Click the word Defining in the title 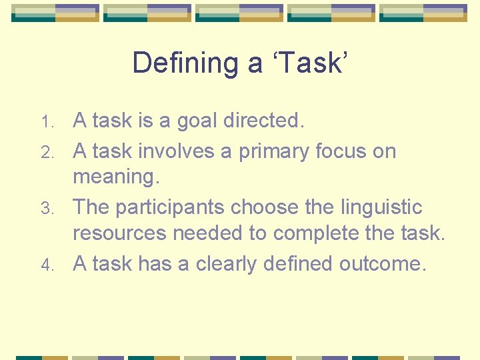(185, 63)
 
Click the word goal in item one (198, 121)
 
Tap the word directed (264, 121)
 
